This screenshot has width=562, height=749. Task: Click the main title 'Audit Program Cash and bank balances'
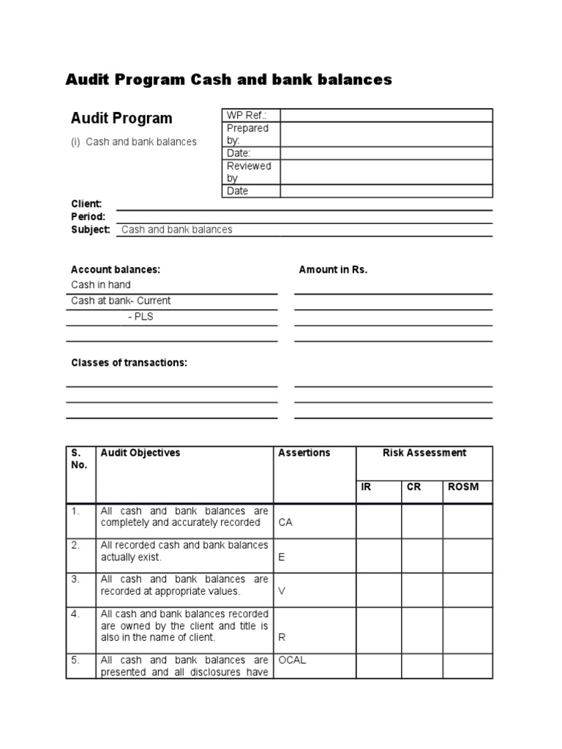[228, 80]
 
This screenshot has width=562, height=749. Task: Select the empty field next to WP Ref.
[386, 116]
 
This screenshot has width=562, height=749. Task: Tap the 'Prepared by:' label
[247, 134]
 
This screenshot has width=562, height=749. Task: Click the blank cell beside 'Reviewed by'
[386, 172]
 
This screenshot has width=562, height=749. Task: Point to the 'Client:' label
[86, 204]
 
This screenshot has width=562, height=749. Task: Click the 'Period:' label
[88, 217]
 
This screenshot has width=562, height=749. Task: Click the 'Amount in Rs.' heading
[333, 270]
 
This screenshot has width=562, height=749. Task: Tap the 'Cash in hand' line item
[101, 285]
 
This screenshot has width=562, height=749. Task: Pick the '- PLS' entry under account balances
[140, 317]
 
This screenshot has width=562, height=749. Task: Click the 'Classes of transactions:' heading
[129, 363]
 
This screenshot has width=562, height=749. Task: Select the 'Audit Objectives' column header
[140, 453]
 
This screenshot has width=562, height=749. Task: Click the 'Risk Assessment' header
[424, 453]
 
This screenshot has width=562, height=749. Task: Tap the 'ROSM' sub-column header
[462, 487]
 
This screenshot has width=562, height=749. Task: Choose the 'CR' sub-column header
[413, 487]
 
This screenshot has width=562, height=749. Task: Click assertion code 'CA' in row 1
[285, 523]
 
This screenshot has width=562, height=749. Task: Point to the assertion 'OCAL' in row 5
[292, 660]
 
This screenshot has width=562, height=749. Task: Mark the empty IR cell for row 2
[378, 555]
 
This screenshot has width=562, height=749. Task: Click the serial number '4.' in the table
[75, 614]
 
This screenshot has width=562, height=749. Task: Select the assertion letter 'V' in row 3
[282, 591]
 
